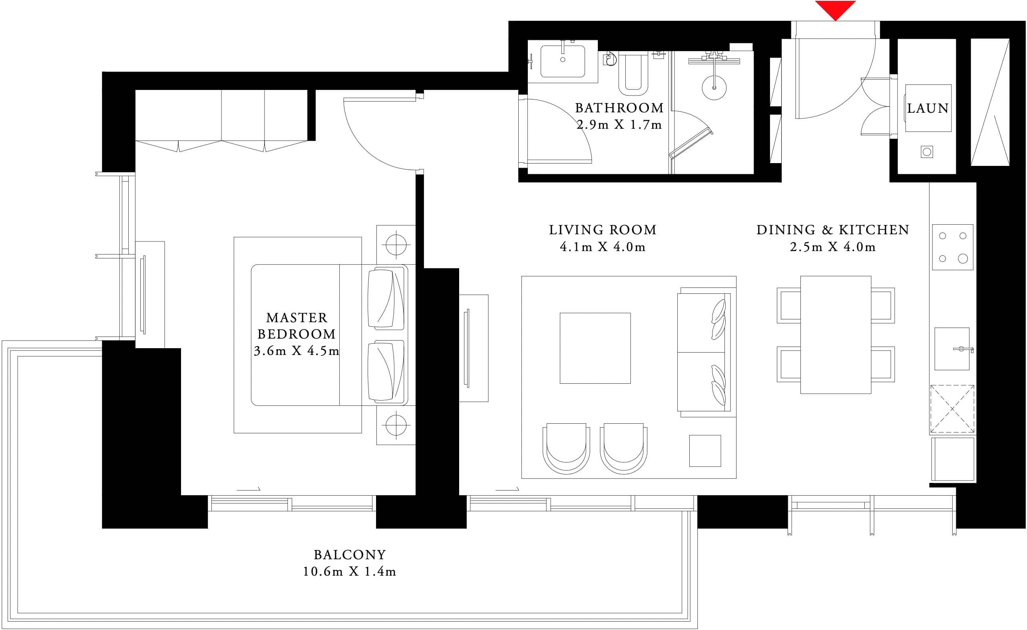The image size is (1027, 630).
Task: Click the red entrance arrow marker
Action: pos(835,9)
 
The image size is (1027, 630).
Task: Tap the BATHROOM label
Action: pos(619,108)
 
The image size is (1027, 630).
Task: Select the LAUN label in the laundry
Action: pos(928,108)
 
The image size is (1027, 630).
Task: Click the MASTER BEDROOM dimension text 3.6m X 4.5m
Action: pos(297,351)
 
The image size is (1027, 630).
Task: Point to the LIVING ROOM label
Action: pos(602,230)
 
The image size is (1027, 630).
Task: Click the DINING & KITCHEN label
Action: pos(832,230)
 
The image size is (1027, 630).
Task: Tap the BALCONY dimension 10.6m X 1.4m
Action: pos(349,572)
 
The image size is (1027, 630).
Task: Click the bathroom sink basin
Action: pos(563,61)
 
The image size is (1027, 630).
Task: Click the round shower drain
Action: pos(714,88)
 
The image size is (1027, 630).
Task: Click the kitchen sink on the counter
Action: pos(951,349)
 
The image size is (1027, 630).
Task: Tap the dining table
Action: pos(835,335)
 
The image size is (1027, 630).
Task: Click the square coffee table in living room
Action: pos(595,348)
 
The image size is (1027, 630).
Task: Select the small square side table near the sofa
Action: pos(705,451)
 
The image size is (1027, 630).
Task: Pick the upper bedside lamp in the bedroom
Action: pos(396,244)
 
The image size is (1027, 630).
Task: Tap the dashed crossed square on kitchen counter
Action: pos(952,409)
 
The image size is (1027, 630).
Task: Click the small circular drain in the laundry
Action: pos(927,152)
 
